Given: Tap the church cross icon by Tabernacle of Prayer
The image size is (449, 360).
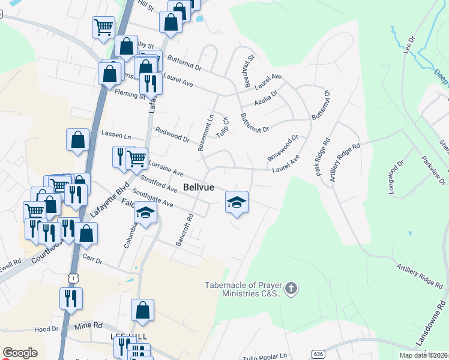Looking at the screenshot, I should pyautogui.click(x=291, y=289).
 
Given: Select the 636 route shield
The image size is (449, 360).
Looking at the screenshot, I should pyautogui.click(x=318, y=355).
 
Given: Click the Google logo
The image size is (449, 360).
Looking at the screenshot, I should pyautogui.click(x=20, y=353).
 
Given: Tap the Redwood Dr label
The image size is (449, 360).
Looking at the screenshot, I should pyautogui.click(x=172, y=135).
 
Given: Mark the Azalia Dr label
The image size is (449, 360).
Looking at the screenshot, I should pyautogui.click(x=265, y=98).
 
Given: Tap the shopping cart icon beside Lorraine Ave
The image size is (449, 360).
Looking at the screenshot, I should pyautogui.click(x=137, y=158).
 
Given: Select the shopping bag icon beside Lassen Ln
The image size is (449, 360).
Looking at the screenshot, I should pyautogui.click(x=79, y=140).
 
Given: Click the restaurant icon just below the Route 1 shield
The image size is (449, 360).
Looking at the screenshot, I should pyautogui.click(x=71, y=298).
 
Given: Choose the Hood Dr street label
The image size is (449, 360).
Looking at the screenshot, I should pyautogui.click(x=46, y=329).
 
